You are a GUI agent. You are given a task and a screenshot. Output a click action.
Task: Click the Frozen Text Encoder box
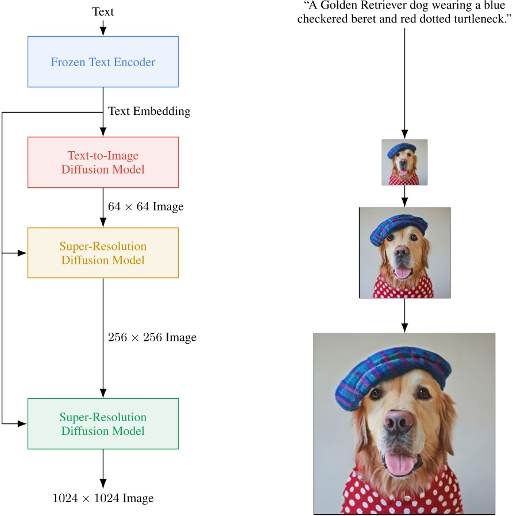pos(103,62)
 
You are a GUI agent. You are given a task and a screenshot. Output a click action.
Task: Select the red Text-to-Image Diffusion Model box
pos(103,162)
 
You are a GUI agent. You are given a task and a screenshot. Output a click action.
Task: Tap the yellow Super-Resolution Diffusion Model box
pos(103,253)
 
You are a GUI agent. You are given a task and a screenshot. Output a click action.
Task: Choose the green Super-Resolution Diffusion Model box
pos(103,423)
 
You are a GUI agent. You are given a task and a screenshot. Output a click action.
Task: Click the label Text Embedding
pos(149,111)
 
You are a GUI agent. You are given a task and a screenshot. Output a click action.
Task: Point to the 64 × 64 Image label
pos(145,207)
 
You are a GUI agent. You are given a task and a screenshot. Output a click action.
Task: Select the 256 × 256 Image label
pos(152,337)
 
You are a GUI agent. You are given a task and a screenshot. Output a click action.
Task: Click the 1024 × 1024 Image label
pos(103,498)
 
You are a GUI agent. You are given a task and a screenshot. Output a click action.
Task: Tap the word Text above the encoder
pos(103,11)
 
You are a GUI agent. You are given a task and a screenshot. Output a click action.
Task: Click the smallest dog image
pos(404,162)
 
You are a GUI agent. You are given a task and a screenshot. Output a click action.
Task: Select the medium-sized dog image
pos(404,253)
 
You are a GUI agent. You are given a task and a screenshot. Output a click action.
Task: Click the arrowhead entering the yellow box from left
pos(23,253)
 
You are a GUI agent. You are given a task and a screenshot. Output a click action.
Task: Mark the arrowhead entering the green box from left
pos(23,423)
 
